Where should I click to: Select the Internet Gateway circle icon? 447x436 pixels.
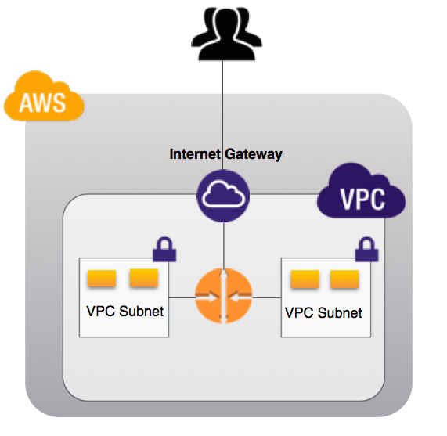pyautogui.click(x=223, y=196)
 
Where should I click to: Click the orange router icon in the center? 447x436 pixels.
pyautogui.click(x=224, y=295)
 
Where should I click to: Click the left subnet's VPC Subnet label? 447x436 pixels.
pyautogui.click(x=124, y=311)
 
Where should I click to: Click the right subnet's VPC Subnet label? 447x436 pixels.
pyautogui.click(x=323, y=313)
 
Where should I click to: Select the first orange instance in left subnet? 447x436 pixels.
pyautogui.click(x=102, y=279)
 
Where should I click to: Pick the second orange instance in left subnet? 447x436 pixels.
pyautogui.click(x=143, y=277)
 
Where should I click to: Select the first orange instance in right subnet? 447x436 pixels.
pyautogui.click(x=304, y=279)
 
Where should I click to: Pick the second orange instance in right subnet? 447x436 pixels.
pyautogui.click(x=344, y=279)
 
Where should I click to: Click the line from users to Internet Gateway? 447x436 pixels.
pyautogui.click(x=224, y=110)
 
